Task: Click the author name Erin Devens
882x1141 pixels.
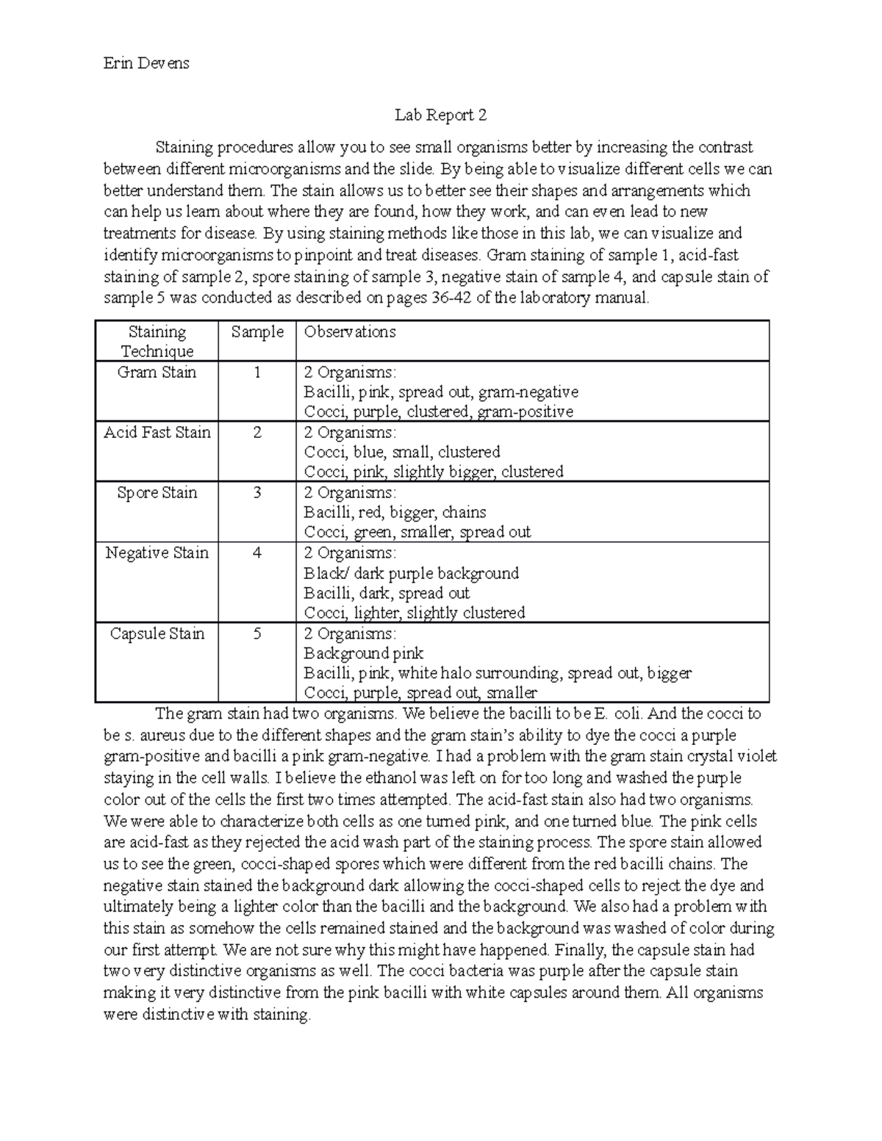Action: (x=146, y=63)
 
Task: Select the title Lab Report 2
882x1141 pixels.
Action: (x=440, y=115)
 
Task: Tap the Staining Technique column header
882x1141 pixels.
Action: (x=157, y=341)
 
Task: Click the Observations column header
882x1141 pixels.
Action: (x=350, y=332)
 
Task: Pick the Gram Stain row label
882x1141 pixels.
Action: (x=157, y=372)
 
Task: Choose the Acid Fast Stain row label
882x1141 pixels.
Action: (x=157, y=433)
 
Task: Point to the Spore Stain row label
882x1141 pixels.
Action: (x=157, y=493)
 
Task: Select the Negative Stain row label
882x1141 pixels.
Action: (x=157, y=553)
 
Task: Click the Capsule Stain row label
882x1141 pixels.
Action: (x=157, y=634)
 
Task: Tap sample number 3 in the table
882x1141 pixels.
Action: (x=257, y=493)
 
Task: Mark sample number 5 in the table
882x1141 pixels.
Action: (x=257, y=634)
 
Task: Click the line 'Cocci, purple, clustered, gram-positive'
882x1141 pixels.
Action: (x=438, y=412)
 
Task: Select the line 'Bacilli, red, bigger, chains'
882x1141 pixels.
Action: (x=395, y=513)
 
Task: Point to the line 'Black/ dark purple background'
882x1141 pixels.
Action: (x=411, y=573)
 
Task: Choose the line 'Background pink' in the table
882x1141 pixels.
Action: (x=363, y=653)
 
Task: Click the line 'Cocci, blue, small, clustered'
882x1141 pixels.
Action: (x=401, y=452)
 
